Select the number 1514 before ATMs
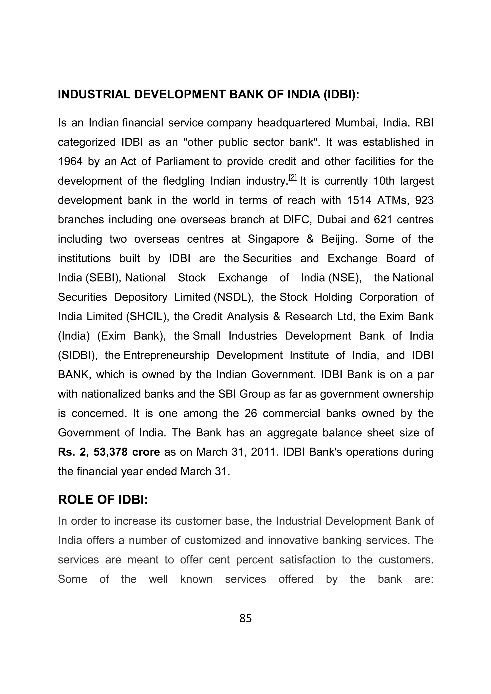(359, 200)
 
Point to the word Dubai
(331, 220)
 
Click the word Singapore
(274, 239)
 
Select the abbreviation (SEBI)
(103, 278)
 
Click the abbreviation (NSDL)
(234, 297)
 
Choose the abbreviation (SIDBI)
(77, 355)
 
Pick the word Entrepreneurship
(166, 355)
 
